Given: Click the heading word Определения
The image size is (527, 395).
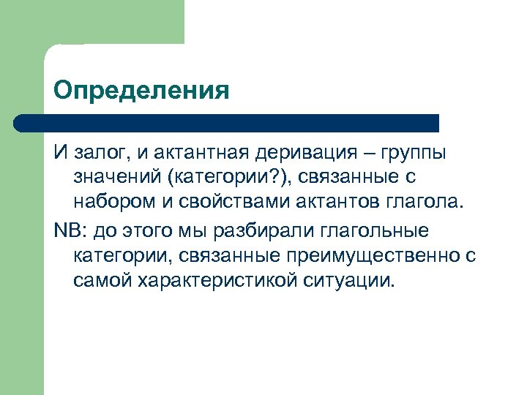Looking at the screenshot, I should (141, 91).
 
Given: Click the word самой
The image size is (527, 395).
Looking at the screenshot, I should (101, 279).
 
